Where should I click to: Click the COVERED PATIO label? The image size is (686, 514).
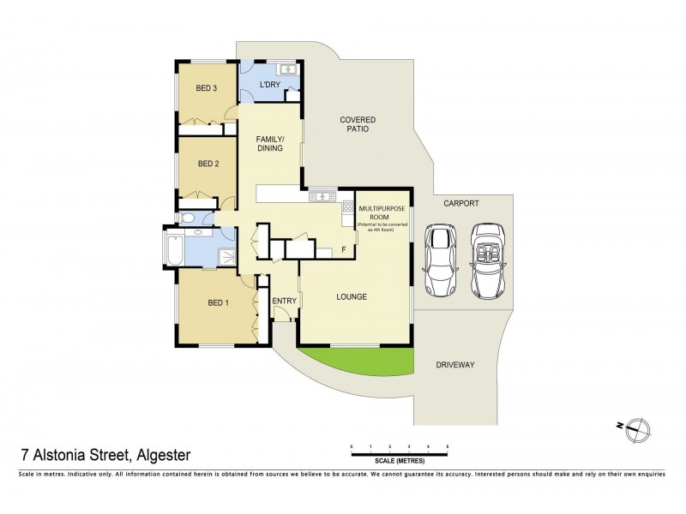pos(358,124)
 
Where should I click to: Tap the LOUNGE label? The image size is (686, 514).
pos(352,297)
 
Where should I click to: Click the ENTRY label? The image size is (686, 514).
pos(284,301)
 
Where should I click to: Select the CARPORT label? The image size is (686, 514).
pos(460,203)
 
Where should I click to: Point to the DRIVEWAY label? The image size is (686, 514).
pos(454,364)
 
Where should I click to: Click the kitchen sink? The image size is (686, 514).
pos(322,196)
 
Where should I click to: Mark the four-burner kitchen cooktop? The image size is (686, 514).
pos(348,206)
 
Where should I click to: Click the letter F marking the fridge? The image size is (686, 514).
pos(343,250)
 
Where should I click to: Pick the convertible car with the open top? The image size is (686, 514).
pos(486,260)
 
